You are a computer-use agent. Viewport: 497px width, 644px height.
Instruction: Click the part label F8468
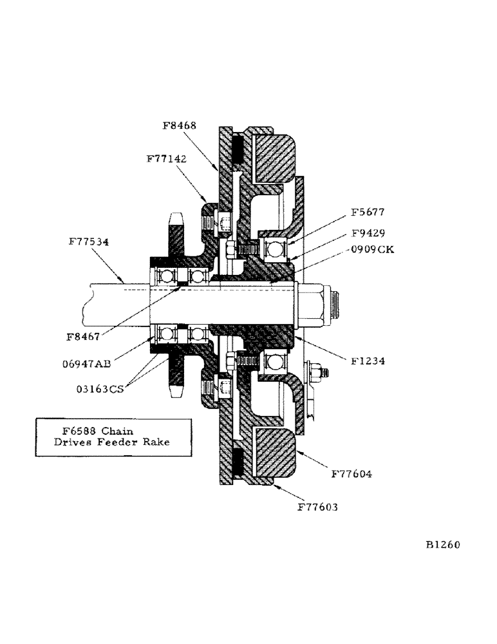[x=180, y=126]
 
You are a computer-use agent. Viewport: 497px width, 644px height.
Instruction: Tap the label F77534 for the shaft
[x=89, y=243]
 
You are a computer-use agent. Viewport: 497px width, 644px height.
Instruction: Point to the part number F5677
[x=369, y=212]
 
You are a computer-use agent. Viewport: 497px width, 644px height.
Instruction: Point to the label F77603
[x=317, y=507]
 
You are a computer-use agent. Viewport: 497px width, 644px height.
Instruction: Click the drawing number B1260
[x=442, y=544]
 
